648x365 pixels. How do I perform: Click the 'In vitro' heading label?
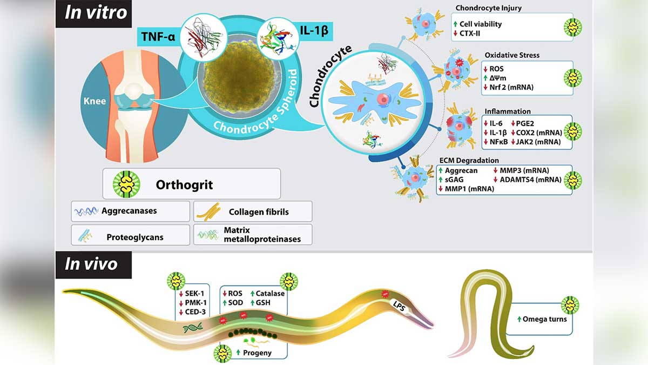(x=96, y=12)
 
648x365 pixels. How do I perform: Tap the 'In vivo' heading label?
(x=91, y=264)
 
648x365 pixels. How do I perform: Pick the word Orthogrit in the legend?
(x=184, y=184)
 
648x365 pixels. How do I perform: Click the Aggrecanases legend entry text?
(x=129, y=211)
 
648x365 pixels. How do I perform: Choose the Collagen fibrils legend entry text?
(x=259, y=211)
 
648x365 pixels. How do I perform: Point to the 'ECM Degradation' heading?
(x=468, y=160)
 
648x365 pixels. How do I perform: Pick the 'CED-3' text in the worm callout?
(x=198, y=313)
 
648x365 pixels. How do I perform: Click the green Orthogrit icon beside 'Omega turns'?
(x=570, y=306)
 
